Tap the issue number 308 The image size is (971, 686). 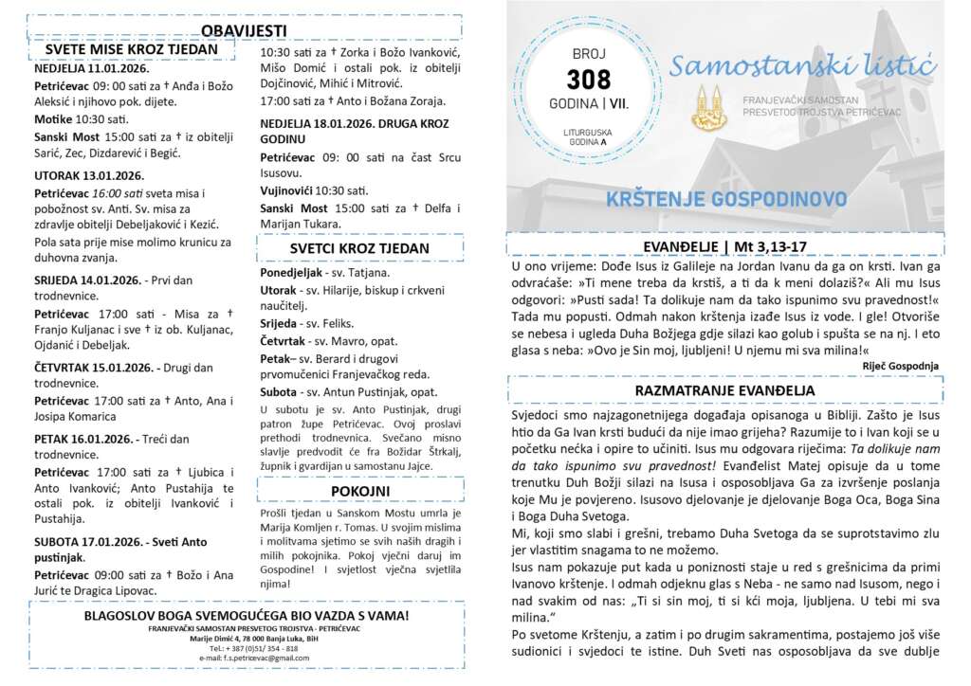click(x=588, y=80)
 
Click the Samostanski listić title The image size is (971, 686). click(x=803, y=67)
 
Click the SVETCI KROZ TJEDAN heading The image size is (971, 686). click(x=359, y=249)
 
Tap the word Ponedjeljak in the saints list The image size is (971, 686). click(x=293, y=272)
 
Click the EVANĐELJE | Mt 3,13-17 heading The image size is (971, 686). click(x=725, y=246)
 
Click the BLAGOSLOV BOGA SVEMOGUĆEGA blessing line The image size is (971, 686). click(x=247, y=615)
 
